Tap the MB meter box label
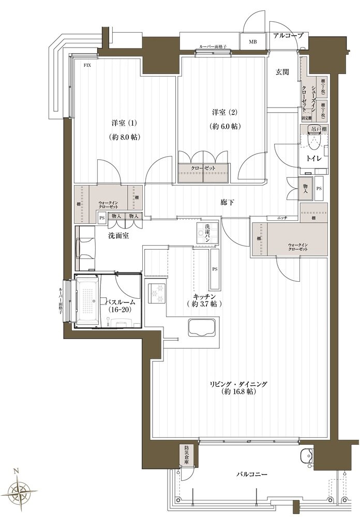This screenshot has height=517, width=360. (x=253, y=42)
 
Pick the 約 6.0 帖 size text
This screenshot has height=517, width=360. (x=227, y=126)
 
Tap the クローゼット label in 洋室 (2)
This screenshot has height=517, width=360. (x=203, y=168)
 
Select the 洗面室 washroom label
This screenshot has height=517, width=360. (x=118, y=236)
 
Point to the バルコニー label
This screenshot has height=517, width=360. (x=252, y=474)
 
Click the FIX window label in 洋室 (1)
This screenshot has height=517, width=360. (x=88, y=65)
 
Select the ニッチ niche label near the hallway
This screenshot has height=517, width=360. (x=282, y=218)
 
